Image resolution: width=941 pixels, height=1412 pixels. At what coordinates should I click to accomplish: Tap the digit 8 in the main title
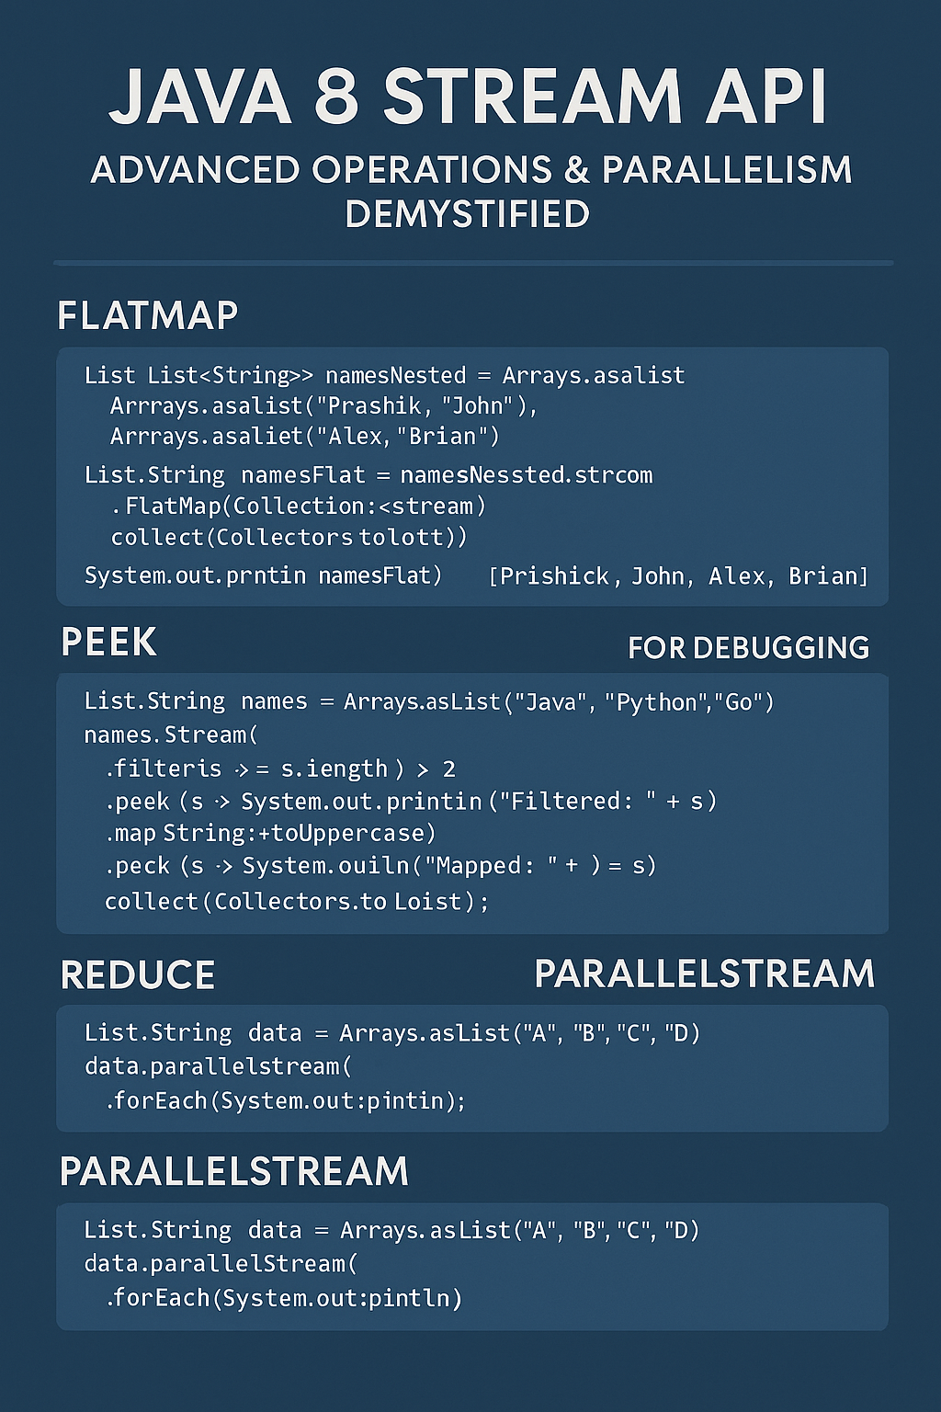(336, 96)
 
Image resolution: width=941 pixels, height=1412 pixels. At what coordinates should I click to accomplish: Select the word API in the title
(766, 96)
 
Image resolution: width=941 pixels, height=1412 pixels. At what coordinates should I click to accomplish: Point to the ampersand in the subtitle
(576, 171)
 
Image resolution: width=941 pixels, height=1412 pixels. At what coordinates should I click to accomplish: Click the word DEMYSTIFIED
(467, 214)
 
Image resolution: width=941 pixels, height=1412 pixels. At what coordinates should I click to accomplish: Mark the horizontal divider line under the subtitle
(472, 263)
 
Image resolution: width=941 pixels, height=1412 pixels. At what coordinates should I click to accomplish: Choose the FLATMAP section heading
(147, 315)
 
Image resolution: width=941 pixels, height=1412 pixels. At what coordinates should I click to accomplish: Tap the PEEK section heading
(108, 642)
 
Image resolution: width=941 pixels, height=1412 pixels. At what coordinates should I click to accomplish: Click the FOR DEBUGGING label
(748, 648)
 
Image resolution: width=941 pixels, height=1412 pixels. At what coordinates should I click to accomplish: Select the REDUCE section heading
(138, 975)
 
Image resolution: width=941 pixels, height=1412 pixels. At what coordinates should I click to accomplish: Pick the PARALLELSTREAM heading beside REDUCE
(704, 974)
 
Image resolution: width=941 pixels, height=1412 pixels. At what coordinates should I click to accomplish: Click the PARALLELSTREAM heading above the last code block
(233, 1171)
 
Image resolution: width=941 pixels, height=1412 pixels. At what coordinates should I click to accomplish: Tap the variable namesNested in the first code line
(395, 375)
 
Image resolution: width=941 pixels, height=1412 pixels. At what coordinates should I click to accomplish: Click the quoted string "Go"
(738, 702)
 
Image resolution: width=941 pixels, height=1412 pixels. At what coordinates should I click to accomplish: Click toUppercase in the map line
(362, 834)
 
